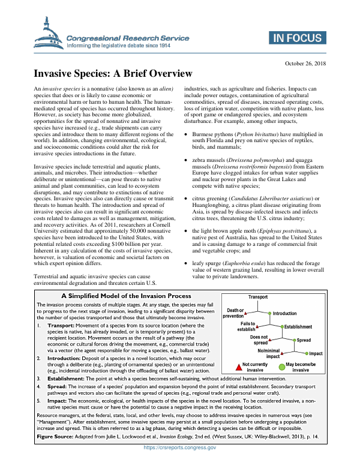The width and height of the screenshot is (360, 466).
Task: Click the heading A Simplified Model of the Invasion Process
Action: (126, 296)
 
